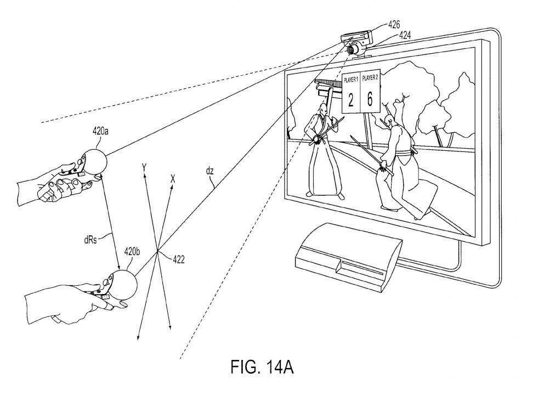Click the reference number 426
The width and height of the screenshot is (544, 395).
pos(394,25)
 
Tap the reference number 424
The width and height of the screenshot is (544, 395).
pos(405,35)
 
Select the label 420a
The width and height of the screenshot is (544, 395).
pos(100,131)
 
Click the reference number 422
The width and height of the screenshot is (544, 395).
pos(178,259)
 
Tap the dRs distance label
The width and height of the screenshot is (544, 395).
pos(90,240)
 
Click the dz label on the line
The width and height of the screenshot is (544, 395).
pos(209,171)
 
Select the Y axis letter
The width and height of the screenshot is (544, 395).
pos(144,168)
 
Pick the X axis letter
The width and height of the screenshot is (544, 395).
pos(173,178)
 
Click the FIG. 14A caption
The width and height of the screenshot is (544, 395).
pos(262,367)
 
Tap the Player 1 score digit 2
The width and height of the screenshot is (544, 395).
pos(351,100)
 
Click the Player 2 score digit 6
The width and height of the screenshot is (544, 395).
pos(370,99)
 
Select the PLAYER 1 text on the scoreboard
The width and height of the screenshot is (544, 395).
pos(351,80)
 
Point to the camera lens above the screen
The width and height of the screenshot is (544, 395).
pos(351,49)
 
